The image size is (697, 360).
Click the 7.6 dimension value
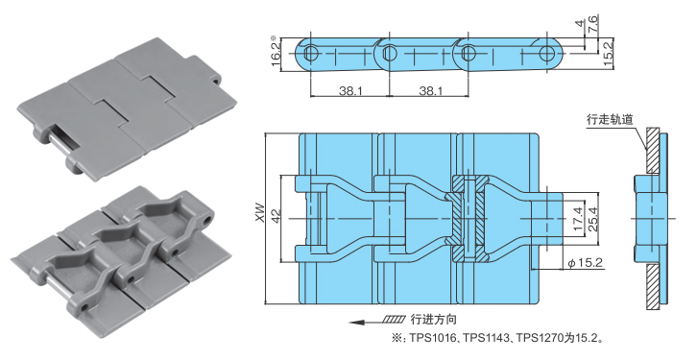(x=593, y=23)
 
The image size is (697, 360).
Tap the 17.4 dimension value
(x=577, y=219)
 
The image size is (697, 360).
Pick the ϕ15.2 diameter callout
(x=585, y=263)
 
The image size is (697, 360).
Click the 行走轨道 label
(x=610, y=119)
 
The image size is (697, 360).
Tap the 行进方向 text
(x=433, y=319)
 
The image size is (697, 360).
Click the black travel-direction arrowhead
(x=356, y=322)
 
